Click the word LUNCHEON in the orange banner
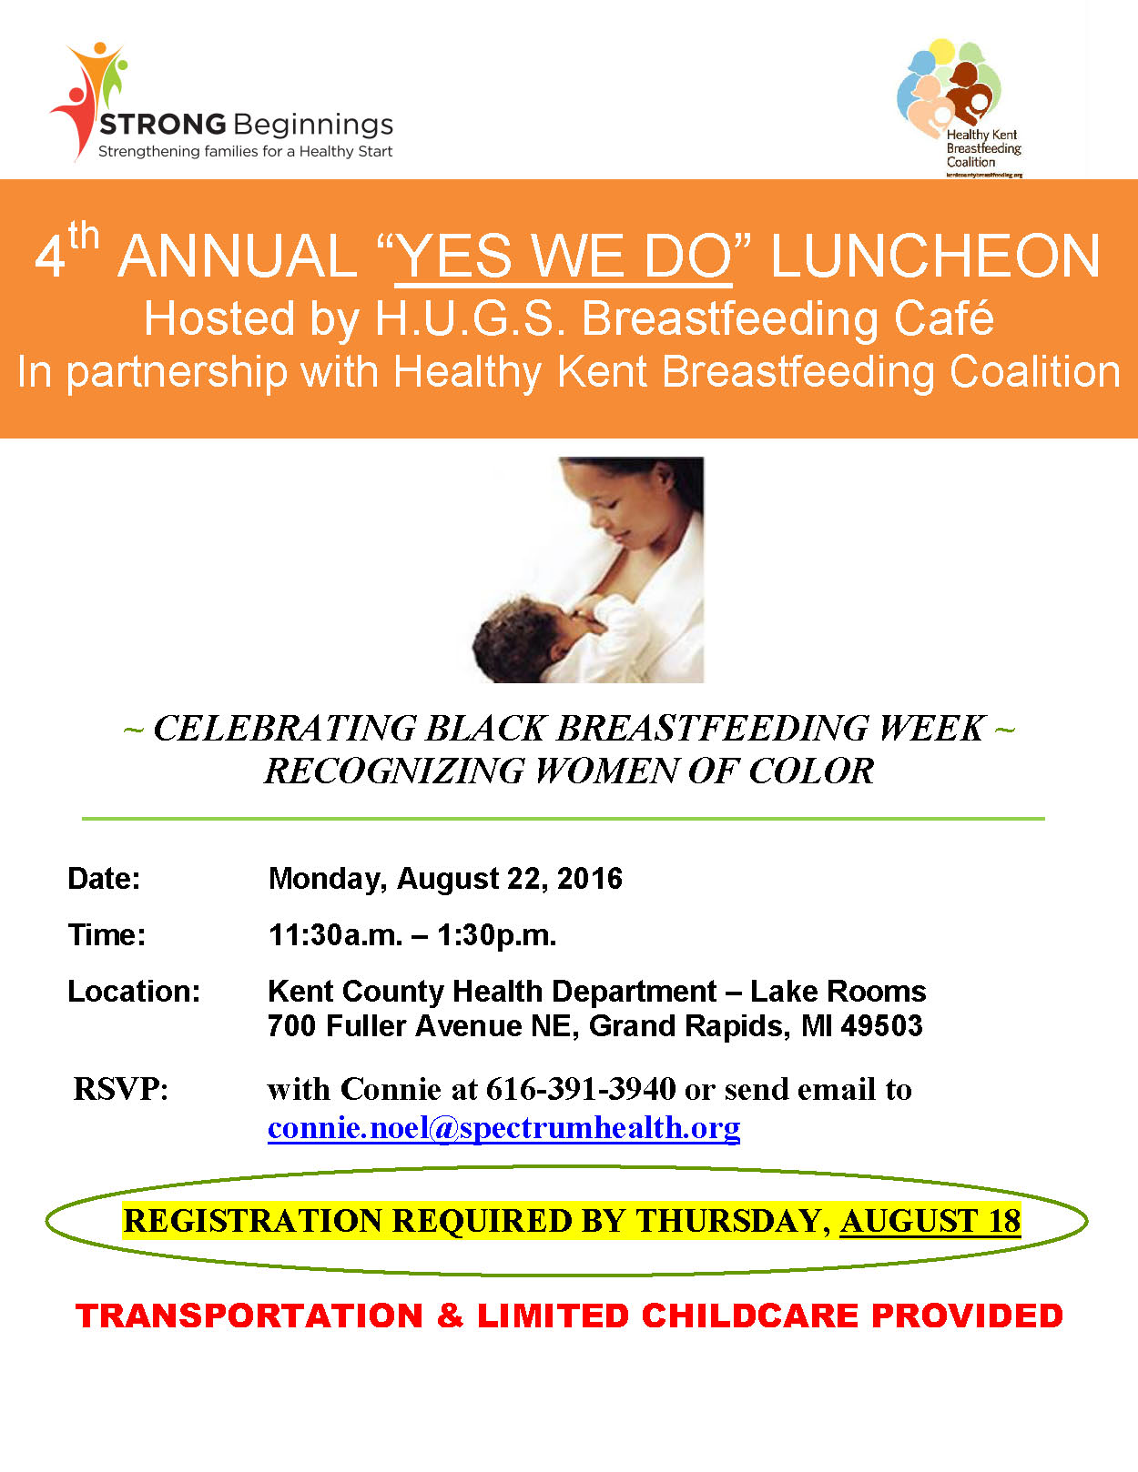[935, 257]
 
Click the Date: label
[104, 879]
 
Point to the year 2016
[590, 879]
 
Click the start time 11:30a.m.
[335, 935]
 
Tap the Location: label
[134, 992]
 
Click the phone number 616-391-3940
[581, 1089]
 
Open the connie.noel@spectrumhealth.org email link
[503, 1128]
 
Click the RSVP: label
[121, 1089]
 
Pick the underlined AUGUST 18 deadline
[930, 1221]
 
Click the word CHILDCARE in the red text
[749, 1316]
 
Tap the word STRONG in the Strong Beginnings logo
[162, 125]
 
